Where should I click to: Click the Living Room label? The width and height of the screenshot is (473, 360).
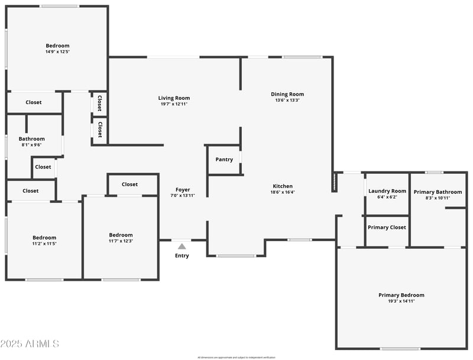[x=174, y=98]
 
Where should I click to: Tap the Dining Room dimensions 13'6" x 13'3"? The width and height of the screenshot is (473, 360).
[x=287, y=100]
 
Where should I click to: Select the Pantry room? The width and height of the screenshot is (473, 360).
[x=224, y=160]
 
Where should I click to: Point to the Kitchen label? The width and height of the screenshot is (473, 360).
[x=283, y=186]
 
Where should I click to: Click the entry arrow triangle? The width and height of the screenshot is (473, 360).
[x=182, y=246]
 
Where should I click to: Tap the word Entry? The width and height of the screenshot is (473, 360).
[x=182, y=256]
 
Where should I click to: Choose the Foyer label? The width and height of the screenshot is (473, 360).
[x=182, y=189]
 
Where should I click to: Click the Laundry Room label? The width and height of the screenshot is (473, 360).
[x=387, y=191]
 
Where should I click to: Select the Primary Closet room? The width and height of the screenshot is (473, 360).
[x=387, y=228]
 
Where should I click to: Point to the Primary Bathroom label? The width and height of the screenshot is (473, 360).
[x=438, y=192]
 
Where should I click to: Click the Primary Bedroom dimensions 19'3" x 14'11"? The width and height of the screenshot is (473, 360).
[x=401, y=301]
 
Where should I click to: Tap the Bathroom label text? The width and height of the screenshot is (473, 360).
[x=31, y=139]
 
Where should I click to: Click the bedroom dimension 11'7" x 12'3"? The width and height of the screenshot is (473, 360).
[x=121, y=241]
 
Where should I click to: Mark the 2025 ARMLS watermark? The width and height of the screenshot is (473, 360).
[x=30, y=343]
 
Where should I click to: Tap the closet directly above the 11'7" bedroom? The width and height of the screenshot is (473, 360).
[x=129, y=184]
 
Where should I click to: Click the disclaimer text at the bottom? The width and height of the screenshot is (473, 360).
[x=237, y=357]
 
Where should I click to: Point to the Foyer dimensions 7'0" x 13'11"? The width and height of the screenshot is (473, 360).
[x=182, y=195]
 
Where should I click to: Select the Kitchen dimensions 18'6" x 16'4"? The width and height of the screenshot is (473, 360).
[x=283, y=192]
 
